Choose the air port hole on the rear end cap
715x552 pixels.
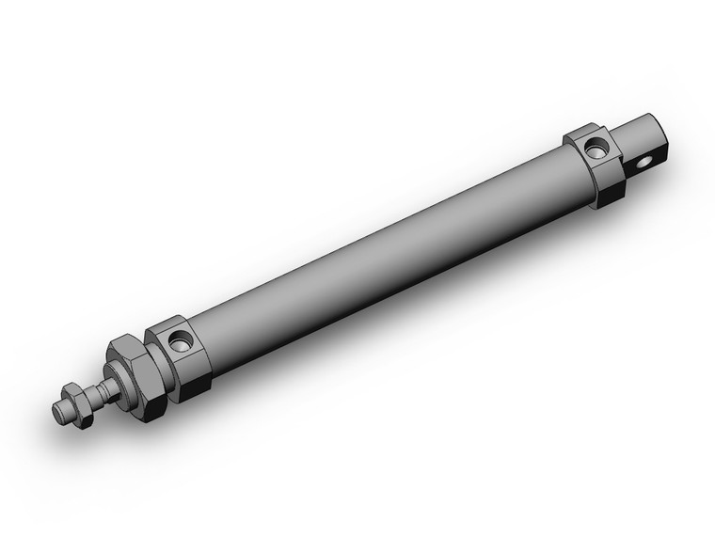595,147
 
